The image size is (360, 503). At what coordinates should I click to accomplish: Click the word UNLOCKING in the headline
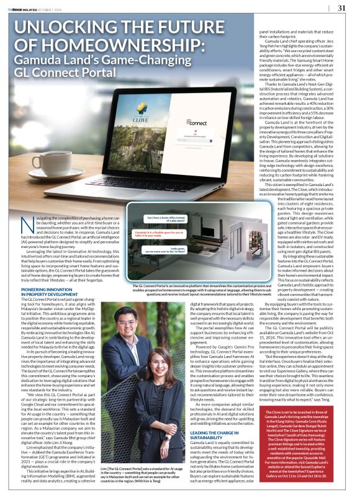pos(71,28)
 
